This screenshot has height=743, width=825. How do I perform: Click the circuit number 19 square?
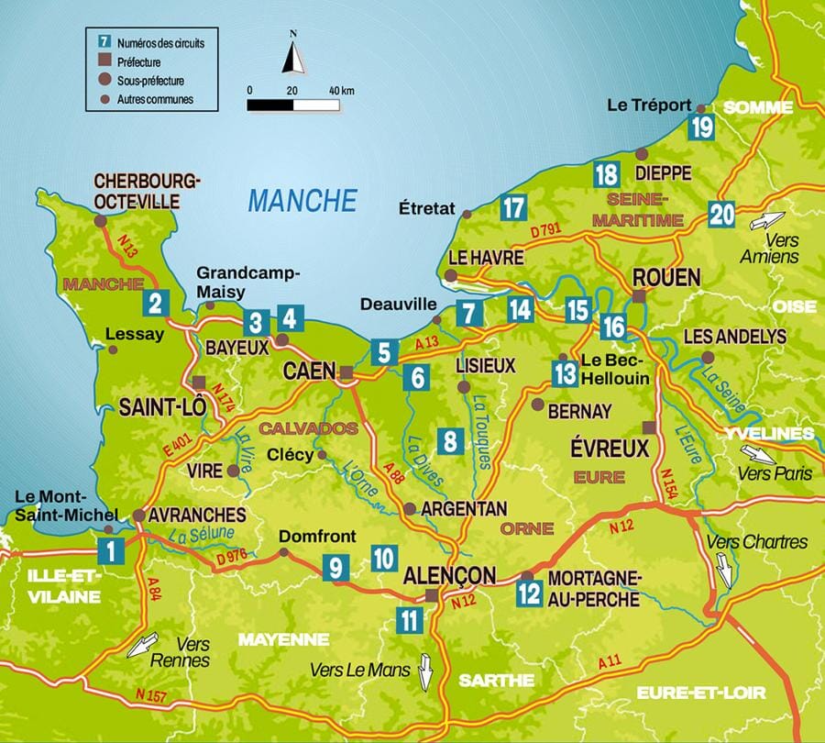703,128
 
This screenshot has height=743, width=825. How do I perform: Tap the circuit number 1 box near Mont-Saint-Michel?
111,551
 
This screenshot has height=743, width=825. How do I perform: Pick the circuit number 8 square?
449,441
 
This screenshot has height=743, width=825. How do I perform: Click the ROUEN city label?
666,278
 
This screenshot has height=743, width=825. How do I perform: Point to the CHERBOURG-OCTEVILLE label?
147,190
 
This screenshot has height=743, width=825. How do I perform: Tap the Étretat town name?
427,209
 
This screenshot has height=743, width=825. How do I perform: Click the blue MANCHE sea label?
302,200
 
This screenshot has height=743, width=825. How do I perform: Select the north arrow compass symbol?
294,57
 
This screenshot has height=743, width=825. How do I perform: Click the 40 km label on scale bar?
341,90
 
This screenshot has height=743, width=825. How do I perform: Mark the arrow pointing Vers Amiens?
766,221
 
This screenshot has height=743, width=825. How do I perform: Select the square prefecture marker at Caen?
346,372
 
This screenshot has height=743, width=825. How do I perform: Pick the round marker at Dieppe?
642,154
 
